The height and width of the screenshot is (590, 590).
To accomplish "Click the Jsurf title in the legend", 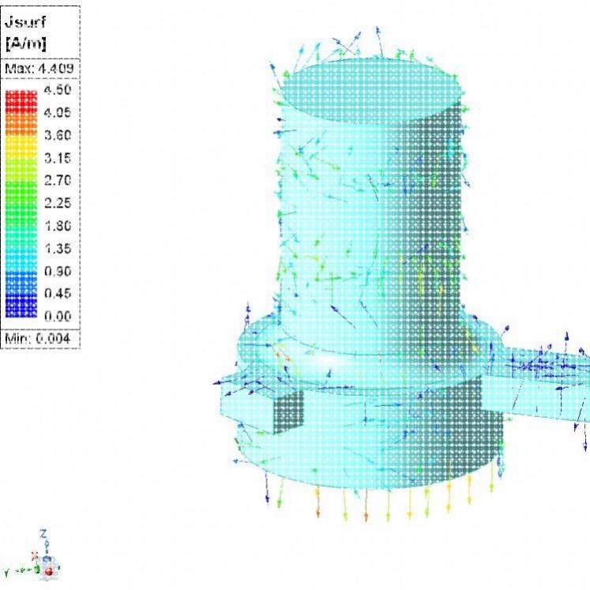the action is [x=25, y=22].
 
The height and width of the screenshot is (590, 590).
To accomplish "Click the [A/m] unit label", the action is [x=26, y=43].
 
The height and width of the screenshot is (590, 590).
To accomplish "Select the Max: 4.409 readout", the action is [x=39, y=69].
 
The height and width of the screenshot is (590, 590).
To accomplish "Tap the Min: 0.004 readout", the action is [x=37, y=339].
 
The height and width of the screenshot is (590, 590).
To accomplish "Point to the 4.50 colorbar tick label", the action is [x=58, y=89].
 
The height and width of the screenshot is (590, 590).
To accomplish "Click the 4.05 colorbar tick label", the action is [x=58, y=112].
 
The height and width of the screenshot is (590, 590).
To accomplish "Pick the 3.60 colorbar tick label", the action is [x=58, y=135].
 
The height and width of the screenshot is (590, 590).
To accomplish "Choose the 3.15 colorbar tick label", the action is [x=58, y=158].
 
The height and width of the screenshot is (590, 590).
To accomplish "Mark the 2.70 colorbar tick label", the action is [x=58, y=180].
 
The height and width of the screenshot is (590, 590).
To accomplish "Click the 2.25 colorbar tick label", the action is [x=58, y=203].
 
